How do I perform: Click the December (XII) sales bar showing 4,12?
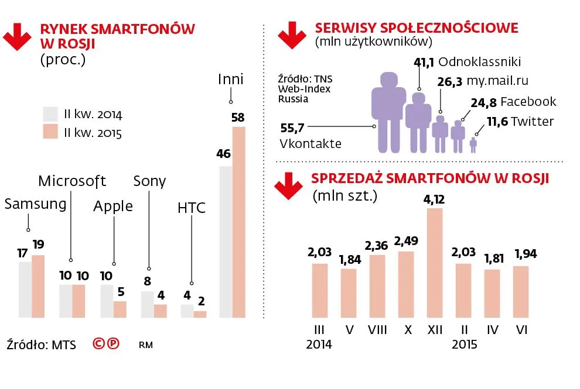434,263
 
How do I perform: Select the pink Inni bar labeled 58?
239,222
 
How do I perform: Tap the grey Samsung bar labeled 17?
25,290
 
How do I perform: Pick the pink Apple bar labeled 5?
120,309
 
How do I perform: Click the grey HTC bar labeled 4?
187,311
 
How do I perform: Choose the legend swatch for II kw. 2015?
50,133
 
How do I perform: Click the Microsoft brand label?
71,181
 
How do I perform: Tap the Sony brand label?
149,181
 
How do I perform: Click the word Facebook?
528,102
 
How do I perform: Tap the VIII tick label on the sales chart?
378,331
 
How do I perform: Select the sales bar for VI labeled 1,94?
521,292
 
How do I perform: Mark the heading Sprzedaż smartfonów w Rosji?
430,179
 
